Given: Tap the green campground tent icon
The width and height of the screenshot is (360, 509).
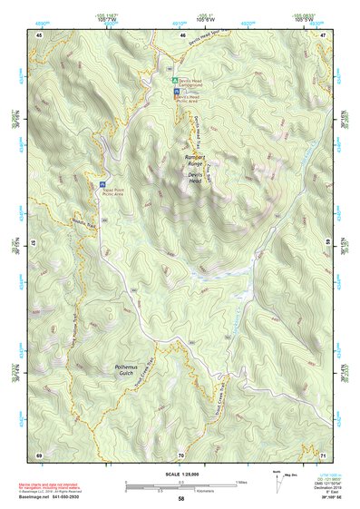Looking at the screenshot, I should coord(176,81).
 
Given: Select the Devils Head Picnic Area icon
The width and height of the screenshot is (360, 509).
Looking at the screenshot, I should coord(176,92).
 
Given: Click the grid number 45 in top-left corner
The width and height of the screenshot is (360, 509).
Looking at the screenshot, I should coord(39,34).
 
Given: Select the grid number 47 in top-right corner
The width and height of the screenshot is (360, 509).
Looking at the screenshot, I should coord(323,34).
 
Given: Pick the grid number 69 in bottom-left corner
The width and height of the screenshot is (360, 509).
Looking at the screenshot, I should coord(39,454).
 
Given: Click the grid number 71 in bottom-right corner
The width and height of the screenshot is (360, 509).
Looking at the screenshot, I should coord(323,454).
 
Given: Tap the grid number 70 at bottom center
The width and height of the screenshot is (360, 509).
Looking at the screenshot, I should coord(180,454).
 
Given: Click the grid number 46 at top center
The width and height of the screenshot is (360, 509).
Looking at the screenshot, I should coord(180,34).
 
